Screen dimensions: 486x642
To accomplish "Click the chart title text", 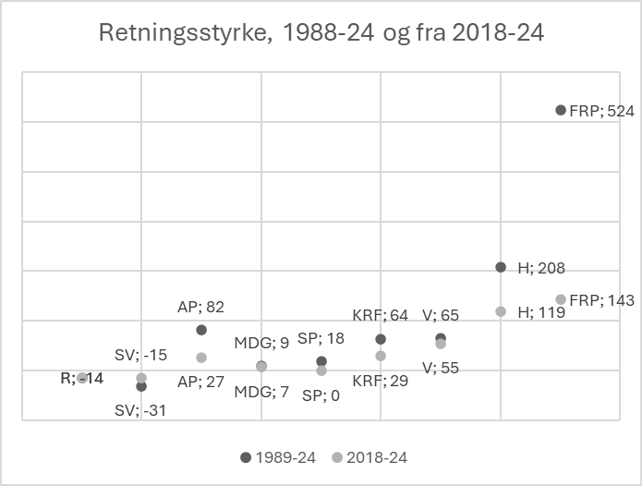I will (x=321, y=35).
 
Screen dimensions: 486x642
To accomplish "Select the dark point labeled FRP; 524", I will (x=561, y=110).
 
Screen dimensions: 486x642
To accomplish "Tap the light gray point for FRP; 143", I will (x=561, y=299).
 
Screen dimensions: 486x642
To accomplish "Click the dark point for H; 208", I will (x=501, y=267).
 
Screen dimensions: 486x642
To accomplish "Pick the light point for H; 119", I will (x=501, y=311).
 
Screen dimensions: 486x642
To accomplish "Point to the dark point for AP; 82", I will (x=201, y=330).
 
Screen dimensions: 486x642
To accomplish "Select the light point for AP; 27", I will (x=201, y=358).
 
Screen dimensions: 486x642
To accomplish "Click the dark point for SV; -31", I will (x=141, y=386).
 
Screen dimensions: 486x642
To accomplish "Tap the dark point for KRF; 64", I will (x=381, y=339).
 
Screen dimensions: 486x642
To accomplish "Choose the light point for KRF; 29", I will (x=381, y=356).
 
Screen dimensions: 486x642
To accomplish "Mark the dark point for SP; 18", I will (x=321, y=361).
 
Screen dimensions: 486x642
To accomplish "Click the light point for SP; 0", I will (x=321, y=371).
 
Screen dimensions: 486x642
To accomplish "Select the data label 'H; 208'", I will (x=540, y=268).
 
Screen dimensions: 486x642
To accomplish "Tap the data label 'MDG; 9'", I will (x=261, y=343).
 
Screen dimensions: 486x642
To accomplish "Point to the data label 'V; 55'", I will (x=440, y=367).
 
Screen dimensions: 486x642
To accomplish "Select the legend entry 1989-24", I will (x=279, y=457).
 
